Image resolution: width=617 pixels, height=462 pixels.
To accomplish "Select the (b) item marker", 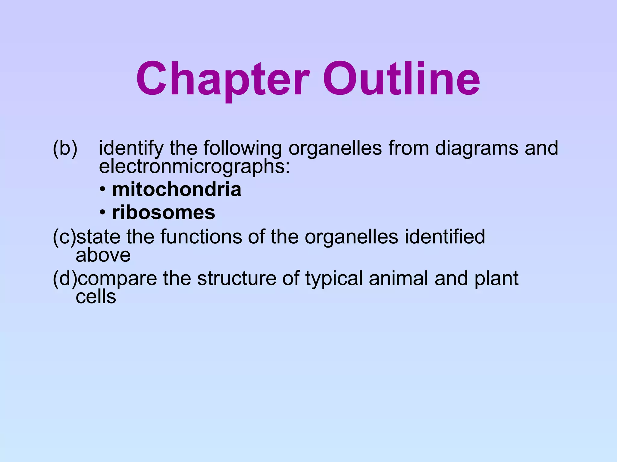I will tap(65, 148).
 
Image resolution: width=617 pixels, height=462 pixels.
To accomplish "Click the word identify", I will tap(131, 149).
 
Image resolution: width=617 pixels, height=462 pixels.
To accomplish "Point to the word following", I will tap(242, 149).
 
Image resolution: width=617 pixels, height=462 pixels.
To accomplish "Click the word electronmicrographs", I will tap(194, 167).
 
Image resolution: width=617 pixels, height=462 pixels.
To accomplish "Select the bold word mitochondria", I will tap(177, 189).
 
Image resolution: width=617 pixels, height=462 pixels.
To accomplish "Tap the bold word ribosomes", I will tap(164, 213).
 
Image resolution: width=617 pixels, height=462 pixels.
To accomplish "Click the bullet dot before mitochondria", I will tap(103, 190).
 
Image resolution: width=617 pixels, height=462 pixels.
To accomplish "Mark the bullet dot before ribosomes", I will tap(103, 213).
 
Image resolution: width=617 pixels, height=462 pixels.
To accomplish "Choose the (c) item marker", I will tap(64, 237).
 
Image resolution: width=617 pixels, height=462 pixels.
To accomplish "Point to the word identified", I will tap(445, 237).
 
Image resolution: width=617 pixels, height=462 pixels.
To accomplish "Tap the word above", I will tap(103, 255).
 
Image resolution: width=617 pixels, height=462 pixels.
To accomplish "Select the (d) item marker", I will tap(65, 278).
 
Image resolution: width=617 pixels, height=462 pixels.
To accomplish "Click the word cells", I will tap(96, 297).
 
